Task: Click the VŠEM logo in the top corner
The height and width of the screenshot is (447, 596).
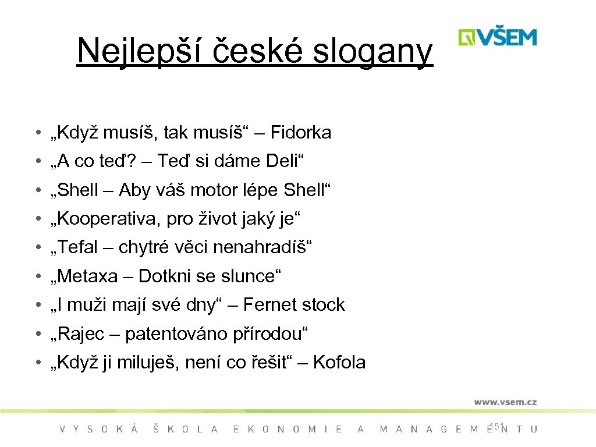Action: click(497, 38)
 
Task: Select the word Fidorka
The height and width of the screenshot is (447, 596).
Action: click(300, 133)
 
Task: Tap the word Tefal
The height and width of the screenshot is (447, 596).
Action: click(77, 248)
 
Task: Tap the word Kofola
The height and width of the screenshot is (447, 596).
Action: click(339, 363)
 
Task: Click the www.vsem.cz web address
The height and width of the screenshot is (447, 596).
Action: click(505, 402)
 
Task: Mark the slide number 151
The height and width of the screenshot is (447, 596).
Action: click(498, 427)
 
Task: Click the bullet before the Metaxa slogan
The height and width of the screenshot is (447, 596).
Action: click(37, 276)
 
